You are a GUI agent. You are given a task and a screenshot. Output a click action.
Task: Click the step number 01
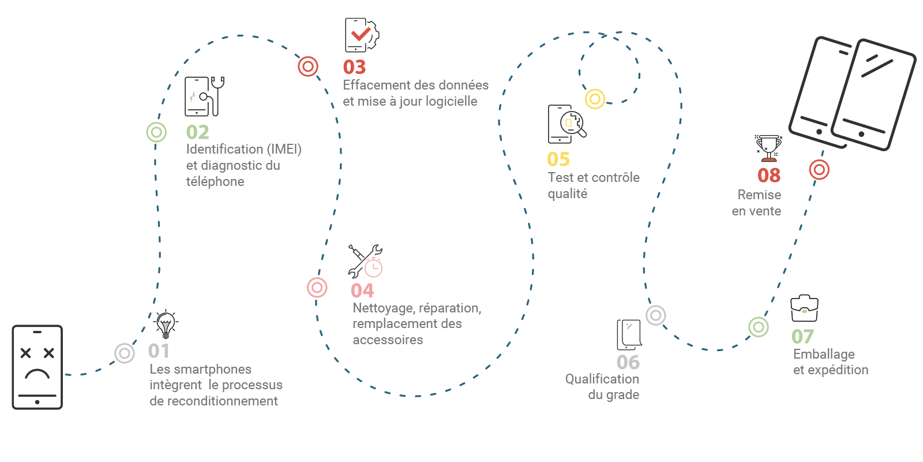tap(159, 351)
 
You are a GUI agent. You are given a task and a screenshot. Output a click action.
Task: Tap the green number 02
tap(197, 132)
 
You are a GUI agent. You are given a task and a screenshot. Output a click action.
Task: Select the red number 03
tap(354, 67)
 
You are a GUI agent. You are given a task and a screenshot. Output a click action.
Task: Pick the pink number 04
tap(362, 290)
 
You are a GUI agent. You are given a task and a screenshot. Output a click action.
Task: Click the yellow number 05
tap(558, 159)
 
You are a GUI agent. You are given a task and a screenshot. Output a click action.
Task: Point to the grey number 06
tap(628, 363)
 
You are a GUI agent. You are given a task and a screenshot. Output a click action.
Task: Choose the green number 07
tap(802, 337)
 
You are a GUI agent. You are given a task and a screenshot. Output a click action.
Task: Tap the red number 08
tap(769, 176)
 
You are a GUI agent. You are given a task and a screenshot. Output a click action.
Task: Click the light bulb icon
tap(166, 324)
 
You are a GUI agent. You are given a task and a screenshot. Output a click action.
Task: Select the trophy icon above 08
tap(768, 148)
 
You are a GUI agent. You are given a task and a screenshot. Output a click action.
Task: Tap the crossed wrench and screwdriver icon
tap(365, 261)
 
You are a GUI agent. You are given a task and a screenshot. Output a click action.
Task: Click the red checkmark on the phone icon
tap(361, 34)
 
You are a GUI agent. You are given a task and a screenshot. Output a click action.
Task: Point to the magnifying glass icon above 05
tap(573, 124)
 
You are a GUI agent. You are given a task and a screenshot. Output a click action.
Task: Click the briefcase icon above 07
tap(804, 308)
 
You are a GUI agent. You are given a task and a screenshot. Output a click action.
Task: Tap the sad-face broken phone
tap(37, 367)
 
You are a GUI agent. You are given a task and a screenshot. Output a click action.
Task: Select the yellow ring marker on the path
tap(595, 99)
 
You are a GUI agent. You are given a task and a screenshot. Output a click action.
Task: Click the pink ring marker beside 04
tap(317, 288)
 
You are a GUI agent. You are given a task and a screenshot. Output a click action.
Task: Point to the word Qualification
tap(602, 379)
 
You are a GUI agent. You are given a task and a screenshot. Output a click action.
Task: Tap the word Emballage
tap(824, 355)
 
